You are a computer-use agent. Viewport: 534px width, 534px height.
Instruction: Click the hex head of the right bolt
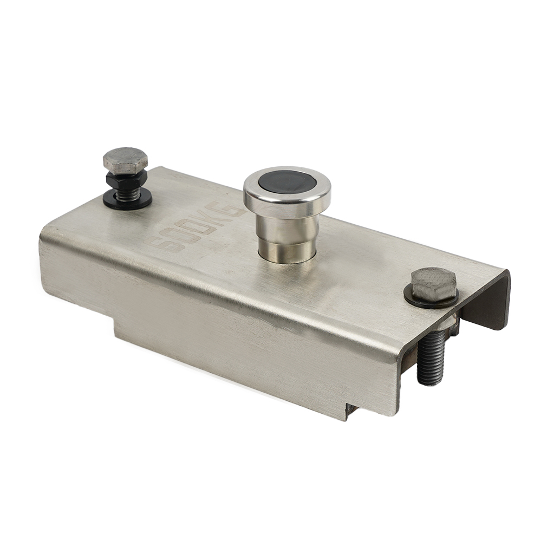(x=433, y=284)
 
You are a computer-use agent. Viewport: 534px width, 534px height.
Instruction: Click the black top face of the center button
(x=286, y=182)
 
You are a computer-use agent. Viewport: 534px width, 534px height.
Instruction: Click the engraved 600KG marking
(x=196, y=225)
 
